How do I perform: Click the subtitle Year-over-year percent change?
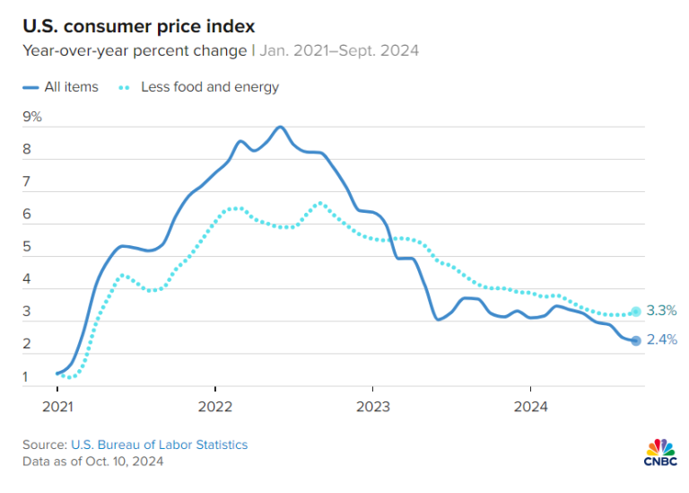click(135, 50)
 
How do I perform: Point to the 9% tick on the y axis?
click(32, 117)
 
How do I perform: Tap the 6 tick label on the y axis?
click(27, 215)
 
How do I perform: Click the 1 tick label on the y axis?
click(27, 376)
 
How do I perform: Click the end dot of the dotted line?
click(636, 312)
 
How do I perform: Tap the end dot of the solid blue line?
click(636, 340)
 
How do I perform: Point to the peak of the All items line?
click(280, 127)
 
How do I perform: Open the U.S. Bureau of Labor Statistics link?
click(158, 445)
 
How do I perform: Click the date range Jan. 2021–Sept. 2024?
click(339, 50)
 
